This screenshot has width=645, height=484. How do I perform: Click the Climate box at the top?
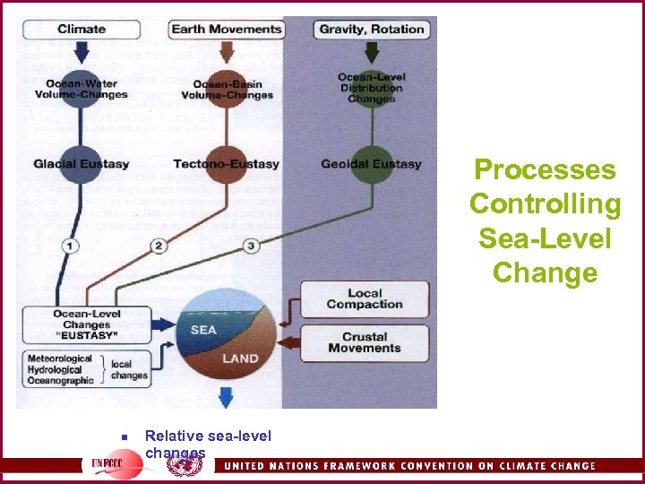[x=81, y=29]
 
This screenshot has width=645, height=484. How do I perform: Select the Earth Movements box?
[x=227, y=29]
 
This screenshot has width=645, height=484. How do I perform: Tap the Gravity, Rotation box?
[x=372, y=29]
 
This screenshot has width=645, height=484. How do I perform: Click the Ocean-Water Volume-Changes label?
[x=81, y=90]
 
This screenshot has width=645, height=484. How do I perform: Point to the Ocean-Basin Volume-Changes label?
[x=227, y=90]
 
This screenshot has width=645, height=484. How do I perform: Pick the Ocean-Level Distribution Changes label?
[x=372, y=88]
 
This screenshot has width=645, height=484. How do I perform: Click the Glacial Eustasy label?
[x=81, y=164]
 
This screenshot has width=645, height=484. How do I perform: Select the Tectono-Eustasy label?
[x=227, y=164]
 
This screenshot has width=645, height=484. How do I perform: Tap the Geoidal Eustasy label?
[x=372, y=164]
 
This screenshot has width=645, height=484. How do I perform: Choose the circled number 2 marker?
[x=159, y=246]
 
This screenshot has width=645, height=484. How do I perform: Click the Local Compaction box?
[x=364, y=298]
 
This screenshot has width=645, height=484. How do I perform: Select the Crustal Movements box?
[x=364, y=342]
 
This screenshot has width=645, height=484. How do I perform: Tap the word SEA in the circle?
[x=203, y=330]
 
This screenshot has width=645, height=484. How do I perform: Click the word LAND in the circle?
[x=239, y=359]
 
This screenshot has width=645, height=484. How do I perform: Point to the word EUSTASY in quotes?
[x=86, y=334]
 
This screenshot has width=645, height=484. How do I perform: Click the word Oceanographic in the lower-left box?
[x=61, y=380]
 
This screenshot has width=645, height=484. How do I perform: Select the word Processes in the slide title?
[x=545, y=169]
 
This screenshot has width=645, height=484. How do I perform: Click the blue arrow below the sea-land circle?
[x=226, y=398]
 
